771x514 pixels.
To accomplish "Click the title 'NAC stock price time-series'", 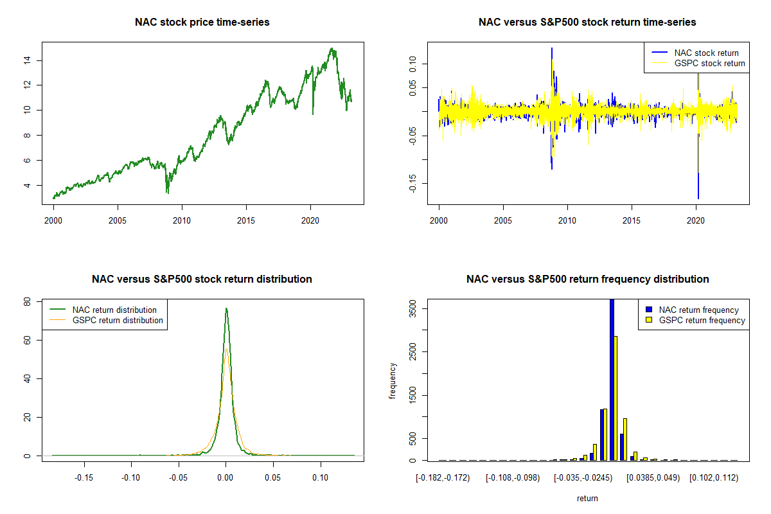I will coord(202,22).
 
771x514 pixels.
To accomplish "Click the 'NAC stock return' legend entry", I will coord(706,53).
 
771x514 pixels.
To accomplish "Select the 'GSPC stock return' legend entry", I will coord(709,64).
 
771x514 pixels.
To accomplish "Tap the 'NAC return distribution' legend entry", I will coord(114,310).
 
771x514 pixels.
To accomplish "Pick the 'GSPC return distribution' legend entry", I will coord(118,320).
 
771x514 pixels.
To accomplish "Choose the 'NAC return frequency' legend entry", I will coord(698,310).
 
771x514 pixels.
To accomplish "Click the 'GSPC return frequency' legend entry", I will coord(702,320).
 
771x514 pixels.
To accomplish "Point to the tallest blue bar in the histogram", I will coord(612,379).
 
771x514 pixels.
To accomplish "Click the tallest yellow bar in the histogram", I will coord(616,398).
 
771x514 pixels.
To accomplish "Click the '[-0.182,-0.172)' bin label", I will coord(443,478).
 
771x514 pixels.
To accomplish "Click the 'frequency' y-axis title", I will coord(393,381).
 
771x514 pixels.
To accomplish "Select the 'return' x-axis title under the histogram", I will coord(587,498).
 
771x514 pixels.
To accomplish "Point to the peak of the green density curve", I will coord(226,309).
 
